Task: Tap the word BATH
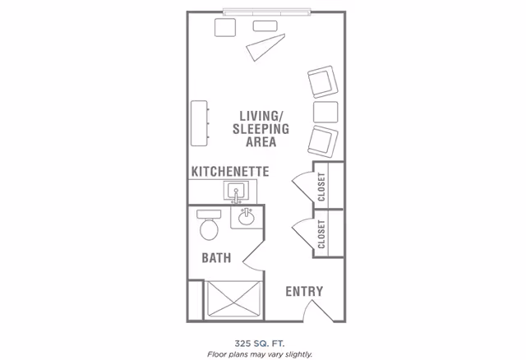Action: point(216,257)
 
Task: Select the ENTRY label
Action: point(303,291)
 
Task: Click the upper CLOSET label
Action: point(321,186)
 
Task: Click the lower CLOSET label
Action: point(321,233)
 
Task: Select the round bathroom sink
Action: point(245,218)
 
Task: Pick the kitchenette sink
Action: point(237,192)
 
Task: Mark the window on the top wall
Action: point(268,12)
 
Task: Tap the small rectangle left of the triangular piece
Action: point(225,27)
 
